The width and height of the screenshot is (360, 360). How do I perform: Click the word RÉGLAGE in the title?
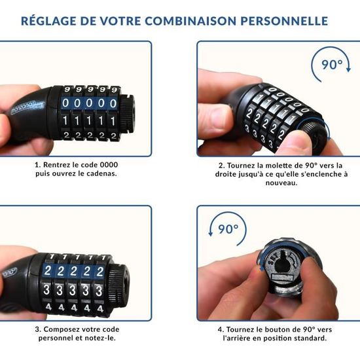click(x=48, y=21)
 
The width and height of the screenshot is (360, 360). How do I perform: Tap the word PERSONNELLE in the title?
click(x=284, y=21)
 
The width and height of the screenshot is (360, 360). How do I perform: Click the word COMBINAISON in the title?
click(x=190, y=21)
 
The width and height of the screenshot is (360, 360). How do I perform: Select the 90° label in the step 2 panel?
click(x=332, y=65)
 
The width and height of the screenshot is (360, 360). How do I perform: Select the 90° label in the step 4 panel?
click(x=228, y=229)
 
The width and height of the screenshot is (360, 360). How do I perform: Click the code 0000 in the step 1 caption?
click(x=109, y=165)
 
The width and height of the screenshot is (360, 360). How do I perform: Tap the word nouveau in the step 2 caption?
click(x=281, y=183)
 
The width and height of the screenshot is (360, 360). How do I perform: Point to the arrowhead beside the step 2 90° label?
click(x=348, y=69)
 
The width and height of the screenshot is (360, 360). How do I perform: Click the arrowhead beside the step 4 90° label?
click(x=210, y=233)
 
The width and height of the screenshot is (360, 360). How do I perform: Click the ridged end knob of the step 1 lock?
click(x=128, y=113)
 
